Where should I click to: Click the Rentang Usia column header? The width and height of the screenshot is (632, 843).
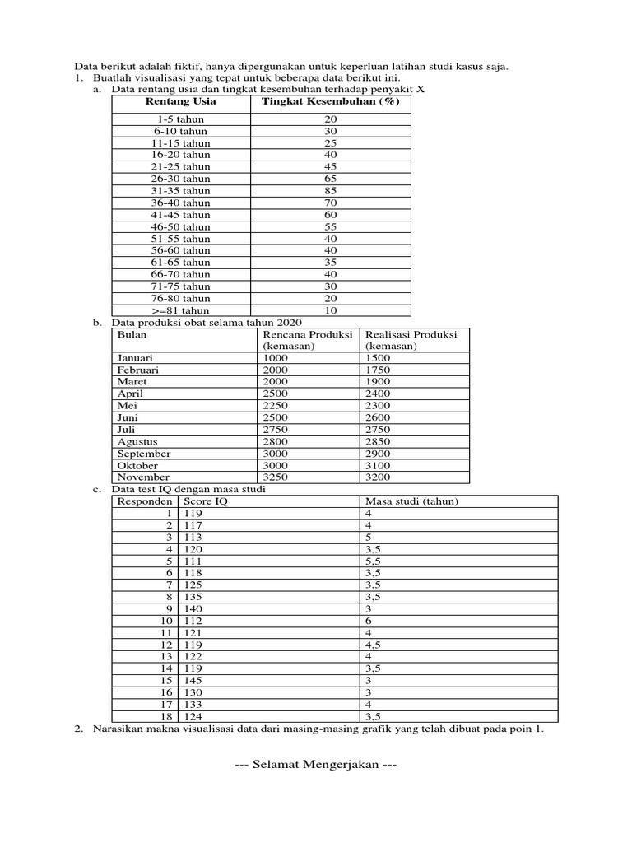[x=180, y=101]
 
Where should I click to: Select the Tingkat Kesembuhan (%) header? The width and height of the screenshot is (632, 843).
[x=330, y=101]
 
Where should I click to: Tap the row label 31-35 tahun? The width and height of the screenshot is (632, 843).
[x=180, y=190]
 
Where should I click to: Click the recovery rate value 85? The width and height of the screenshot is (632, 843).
[x=330, y=190]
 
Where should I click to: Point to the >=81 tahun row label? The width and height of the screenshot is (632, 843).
[x=180, y=310]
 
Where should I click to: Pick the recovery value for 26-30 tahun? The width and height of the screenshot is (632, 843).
[x=330, y=179]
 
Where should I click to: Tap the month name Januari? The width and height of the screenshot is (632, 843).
[x=135, y=358]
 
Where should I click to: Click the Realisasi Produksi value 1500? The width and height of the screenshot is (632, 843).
[x=379, y=358]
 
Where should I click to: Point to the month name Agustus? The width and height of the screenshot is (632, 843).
[x=137, y=442]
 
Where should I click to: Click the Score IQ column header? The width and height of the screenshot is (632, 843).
[x=205, y=501]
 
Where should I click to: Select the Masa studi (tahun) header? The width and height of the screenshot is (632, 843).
[x=411, y=501]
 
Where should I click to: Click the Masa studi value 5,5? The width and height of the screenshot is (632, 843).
[x=373, y=561]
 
